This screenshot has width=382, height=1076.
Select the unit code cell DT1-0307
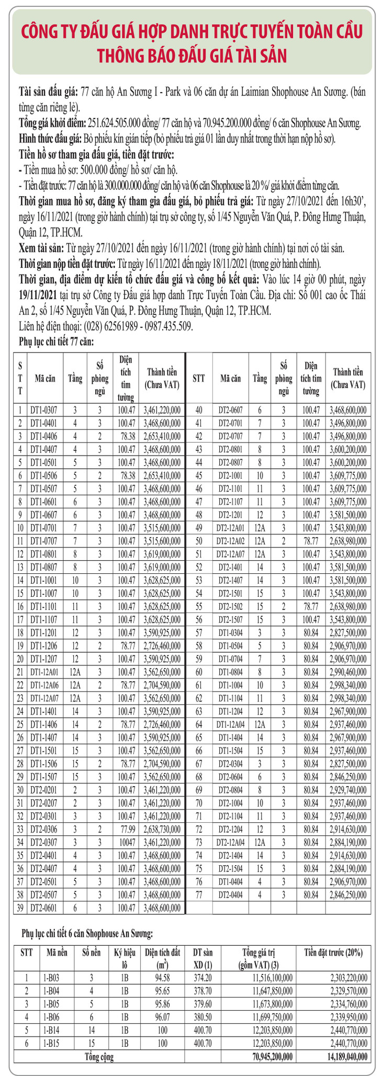point(46,410)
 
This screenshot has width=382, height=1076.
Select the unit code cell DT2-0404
point(230,895)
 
